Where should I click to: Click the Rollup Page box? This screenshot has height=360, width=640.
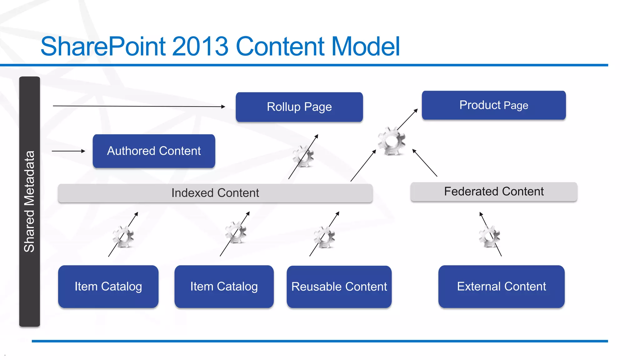pyautogui.click(x=299, y=107)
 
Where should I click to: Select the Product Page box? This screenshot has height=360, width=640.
pyautogui.click(x=493, y=105)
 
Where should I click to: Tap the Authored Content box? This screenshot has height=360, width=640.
pyautogui.click(x=154, y=151)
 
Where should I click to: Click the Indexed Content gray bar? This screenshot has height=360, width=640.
pyautogui.click(x=215, y=193)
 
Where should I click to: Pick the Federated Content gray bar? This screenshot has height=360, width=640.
pyautogui.click(x=493, y=192)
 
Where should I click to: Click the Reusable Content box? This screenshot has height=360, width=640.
pyautogui.click(x=339, y=287)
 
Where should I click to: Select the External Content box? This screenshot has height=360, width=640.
pyautogui.click(x=501, y=287)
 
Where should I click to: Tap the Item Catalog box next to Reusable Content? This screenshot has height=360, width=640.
pyautogui.click(x=224, y=287)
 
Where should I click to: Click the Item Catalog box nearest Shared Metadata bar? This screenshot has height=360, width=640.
pyautogui.click(x=108, y=287)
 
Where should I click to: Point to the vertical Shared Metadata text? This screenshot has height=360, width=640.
pyautogui.click(x=29, y=202)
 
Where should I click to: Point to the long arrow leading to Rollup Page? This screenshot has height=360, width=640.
pyautogui.click(x=139, y=106)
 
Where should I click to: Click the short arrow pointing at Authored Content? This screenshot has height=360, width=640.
pyautogui.click(x=68, y=151)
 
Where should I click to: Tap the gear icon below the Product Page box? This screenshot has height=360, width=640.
pyautogui.click(x=391, y=141)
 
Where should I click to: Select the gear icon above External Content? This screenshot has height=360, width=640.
pyautogui.click(x=489, y=236)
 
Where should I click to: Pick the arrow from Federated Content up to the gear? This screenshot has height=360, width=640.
pyautogui.click(x=425, y=163)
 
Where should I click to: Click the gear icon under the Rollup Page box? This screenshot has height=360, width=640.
pyautogui.click(x=303, y=156)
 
